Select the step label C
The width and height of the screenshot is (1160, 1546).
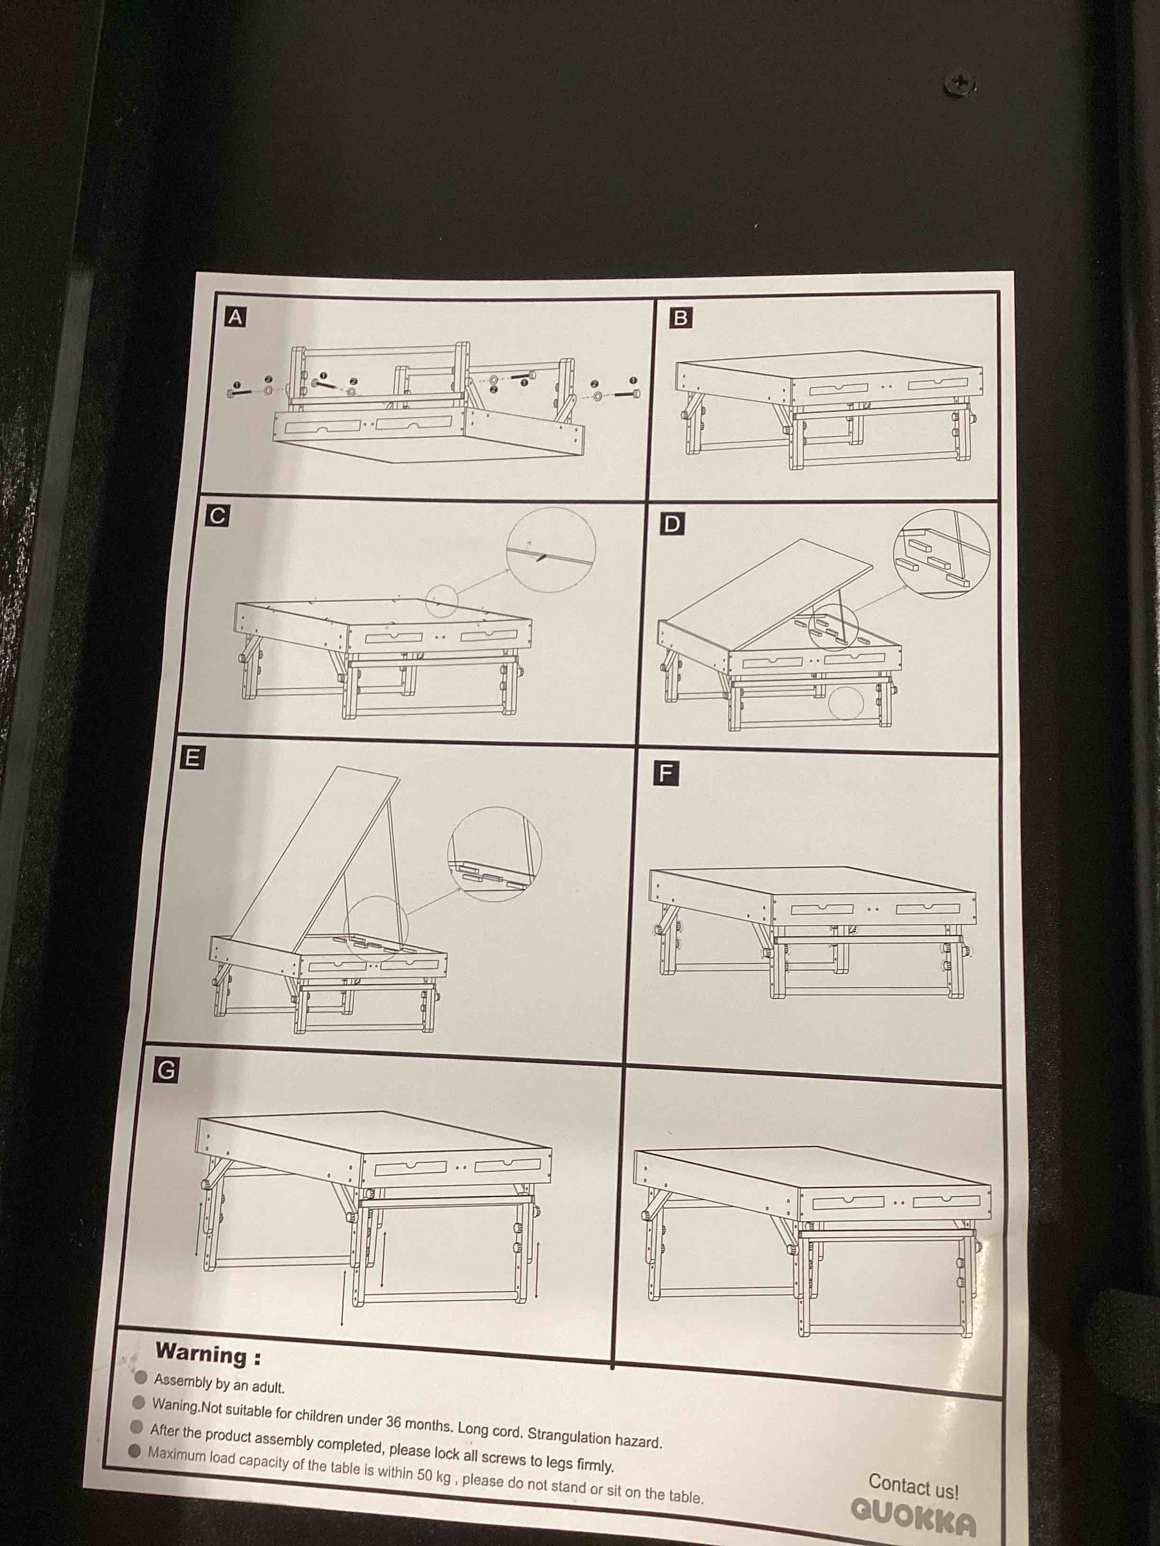click(217, 516)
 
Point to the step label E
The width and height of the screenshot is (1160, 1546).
click(192, 758)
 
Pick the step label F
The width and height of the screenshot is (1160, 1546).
click(665, 773)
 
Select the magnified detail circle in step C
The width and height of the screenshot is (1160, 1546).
click(551, 549)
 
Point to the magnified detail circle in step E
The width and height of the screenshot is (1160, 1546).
click(494, 854)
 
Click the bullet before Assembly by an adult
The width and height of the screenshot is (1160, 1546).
click(141, 1377)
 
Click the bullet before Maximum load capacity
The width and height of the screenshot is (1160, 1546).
click(136, 1449)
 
